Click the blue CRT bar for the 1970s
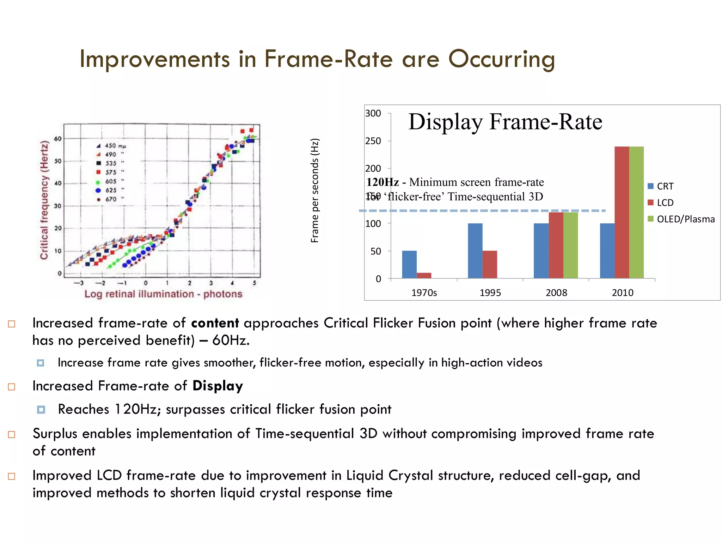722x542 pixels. point(409,264)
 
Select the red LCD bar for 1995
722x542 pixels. point(490,264)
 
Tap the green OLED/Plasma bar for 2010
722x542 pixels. point(636,212)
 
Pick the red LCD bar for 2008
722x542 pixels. point(556,245)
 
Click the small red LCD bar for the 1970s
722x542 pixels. point(424,275)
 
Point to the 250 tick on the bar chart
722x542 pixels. point(373,141)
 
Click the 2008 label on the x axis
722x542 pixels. point(556,293)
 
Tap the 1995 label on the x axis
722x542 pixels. point(490,293)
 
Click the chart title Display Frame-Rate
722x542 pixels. point(505,122)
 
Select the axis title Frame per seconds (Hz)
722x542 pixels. point(315,191)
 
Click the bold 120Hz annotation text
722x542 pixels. point(383,182)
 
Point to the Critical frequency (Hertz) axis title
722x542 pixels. point(44,200)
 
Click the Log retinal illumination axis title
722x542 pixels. point(163,294)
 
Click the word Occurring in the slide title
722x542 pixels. point(501,59)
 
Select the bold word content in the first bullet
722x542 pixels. point(215,323)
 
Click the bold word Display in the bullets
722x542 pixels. point(218,386)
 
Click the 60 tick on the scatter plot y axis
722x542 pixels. point(58,139)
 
